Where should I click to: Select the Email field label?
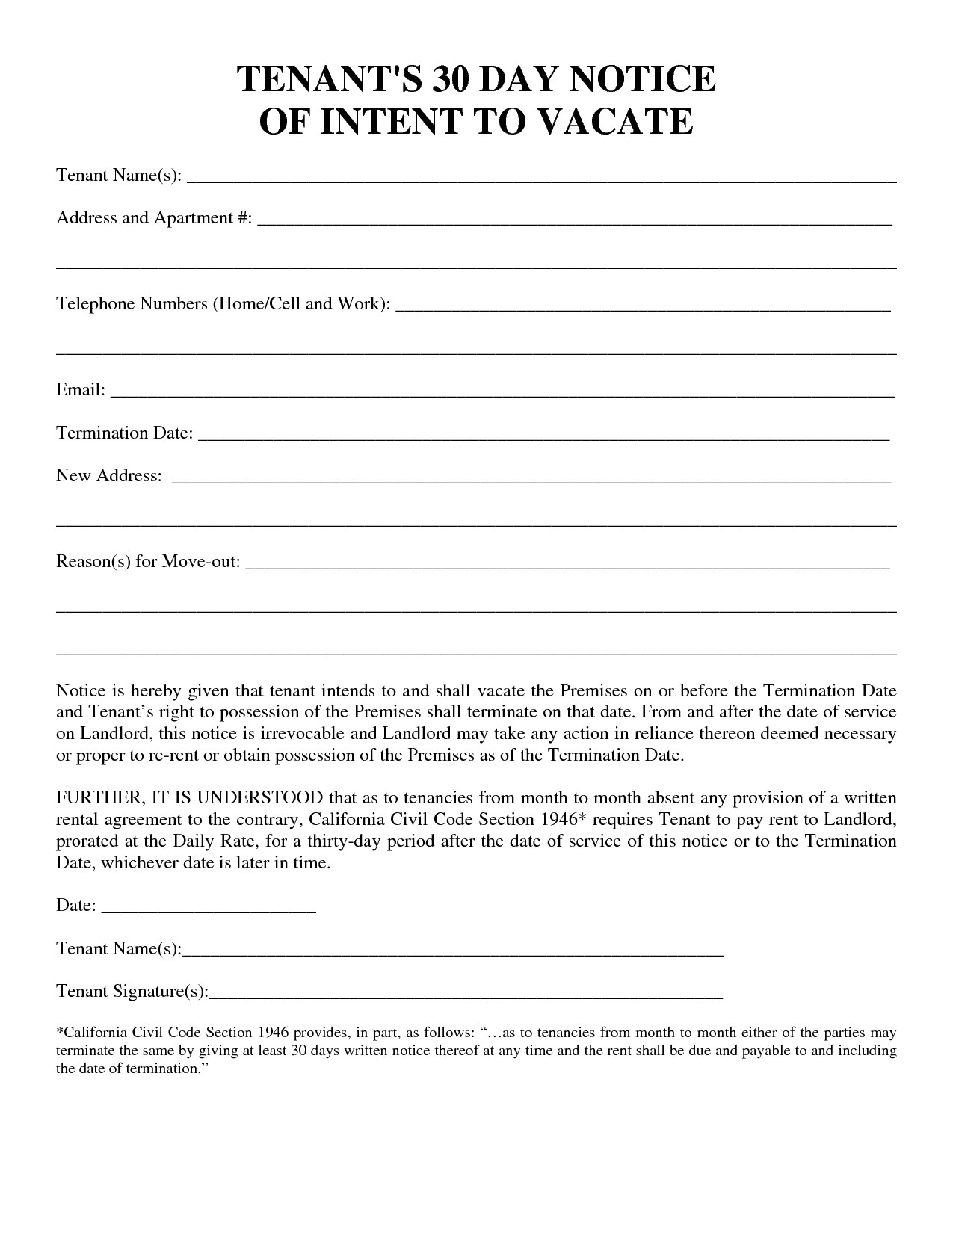coord(80,390)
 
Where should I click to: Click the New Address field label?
coord(109,476)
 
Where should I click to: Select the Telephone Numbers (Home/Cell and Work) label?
coord(223,304)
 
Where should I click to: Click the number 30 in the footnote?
coord(298,1051)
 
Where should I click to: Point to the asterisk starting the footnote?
coord(60,1032)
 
